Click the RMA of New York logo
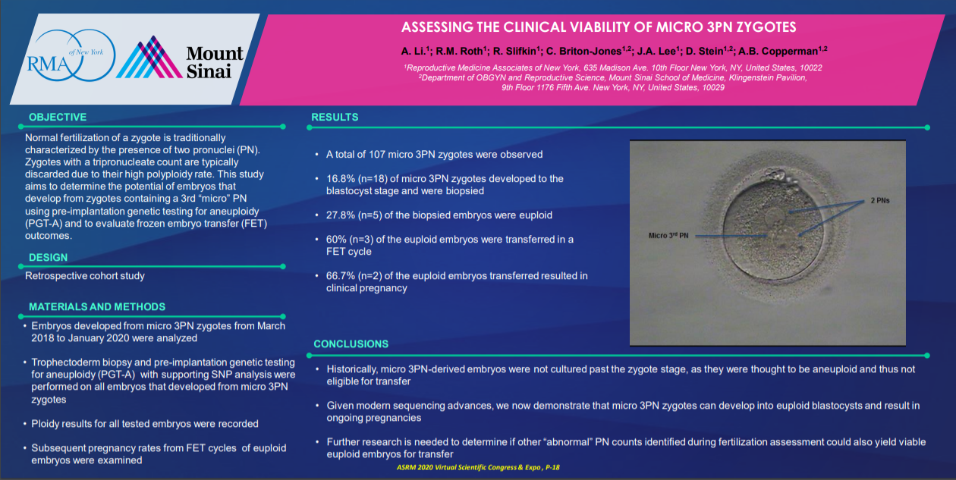pos(71,55)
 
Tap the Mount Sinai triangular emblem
pos(149,58)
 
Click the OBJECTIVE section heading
pos(58,118)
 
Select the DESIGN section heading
pos(49,258)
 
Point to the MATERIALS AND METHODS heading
pos(97,307)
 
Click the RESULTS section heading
pos(335,118)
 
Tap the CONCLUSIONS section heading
pos(351,344)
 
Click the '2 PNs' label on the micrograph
pos(880,200)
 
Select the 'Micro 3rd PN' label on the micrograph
pos(668,236)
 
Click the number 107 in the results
pos(377,155)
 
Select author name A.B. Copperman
pos(778,52)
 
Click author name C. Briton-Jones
pos(584,52)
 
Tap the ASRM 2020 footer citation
pos(478,468)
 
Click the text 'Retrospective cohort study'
pos(85,276)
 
